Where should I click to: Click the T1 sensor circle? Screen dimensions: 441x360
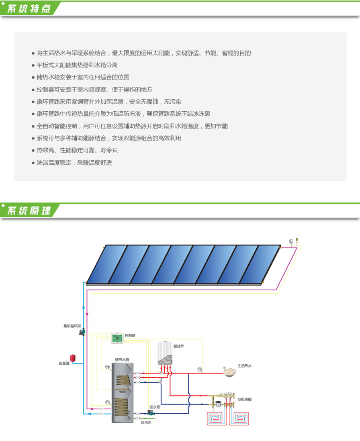[291, 241]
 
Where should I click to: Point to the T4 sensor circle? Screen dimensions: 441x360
[200, 369]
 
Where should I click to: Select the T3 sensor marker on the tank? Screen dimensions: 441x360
[107, 367]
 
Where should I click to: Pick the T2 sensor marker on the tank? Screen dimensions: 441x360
[107, 402]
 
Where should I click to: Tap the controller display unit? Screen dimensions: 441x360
[117, 338]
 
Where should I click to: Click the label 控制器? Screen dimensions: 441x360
[130, 335]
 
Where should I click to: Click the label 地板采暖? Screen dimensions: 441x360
[244, 399]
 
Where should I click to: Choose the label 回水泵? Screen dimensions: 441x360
[154, 406]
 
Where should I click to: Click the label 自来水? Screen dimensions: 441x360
[146, 422]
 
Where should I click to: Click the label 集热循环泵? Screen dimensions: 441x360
[72, 326]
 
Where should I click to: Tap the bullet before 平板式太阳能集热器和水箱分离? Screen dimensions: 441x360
[33, 65]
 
